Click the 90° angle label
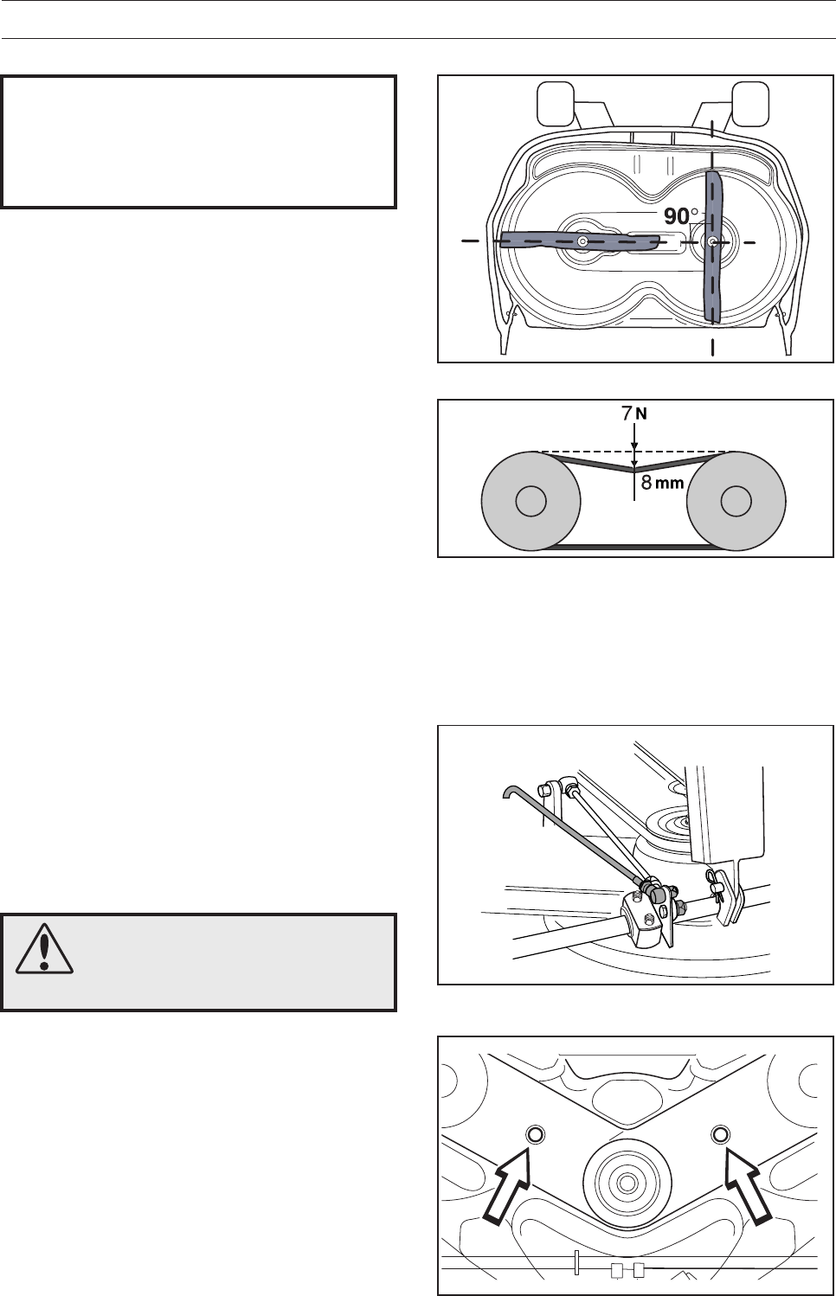[x=680, y=216]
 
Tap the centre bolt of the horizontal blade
[x=583, y=241]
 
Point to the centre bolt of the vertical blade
[x=712, y=241]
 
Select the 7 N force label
[x=633, y=414]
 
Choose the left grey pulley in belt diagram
[x=531, y=502]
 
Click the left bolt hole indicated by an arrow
[x=533, y=1135]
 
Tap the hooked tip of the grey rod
[x=510, y=790]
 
